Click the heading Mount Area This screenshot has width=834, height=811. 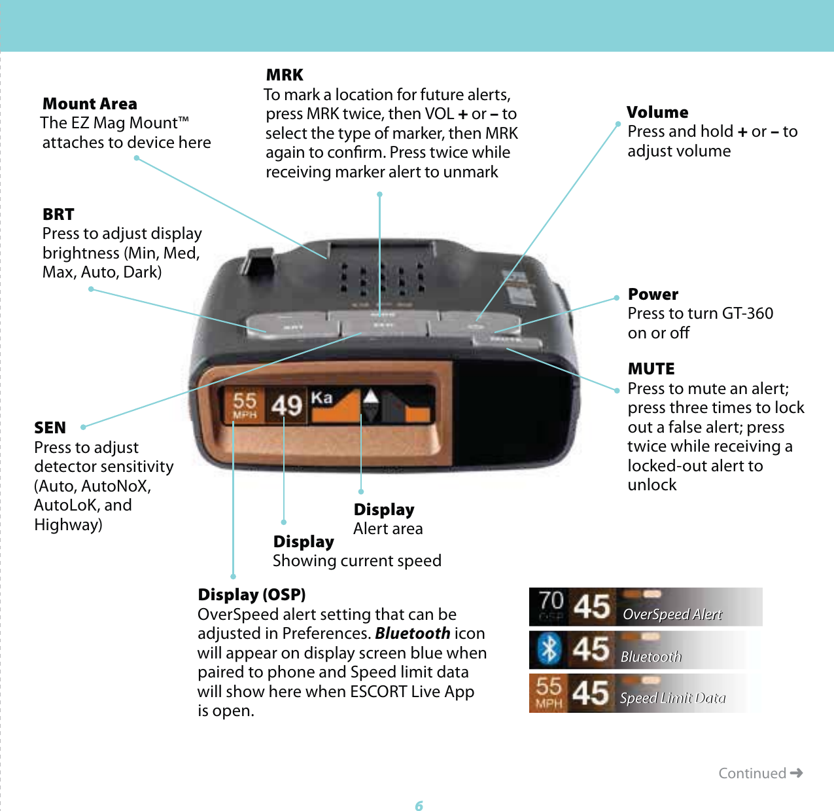(90, 104)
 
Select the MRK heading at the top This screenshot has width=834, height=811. (285, 75)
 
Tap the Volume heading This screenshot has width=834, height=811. (657, 113)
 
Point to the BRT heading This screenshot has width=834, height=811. (58, 215)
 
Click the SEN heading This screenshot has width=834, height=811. (50, 428)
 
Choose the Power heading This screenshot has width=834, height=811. (653, 295)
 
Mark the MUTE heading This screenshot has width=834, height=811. (651, 369)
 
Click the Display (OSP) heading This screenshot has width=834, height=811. (252, 595)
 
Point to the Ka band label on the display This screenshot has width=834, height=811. (321, 398)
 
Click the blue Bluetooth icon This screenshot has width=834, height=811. (549, 649)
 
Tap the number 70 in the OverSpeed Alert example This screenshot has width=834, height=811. (551, 601)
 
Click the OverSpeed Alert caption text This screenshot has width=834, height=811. (672, 615)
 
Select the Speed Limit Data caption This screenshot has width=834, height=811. (672, 698)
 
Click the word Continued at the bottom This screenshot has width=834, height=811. (752, 774)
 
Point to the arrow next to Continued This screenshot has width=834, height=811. (796, 773)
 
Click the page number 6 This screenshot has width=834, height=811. (419, 806)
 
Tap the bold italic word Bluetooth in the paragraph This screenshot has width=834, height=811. (412, 634)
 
